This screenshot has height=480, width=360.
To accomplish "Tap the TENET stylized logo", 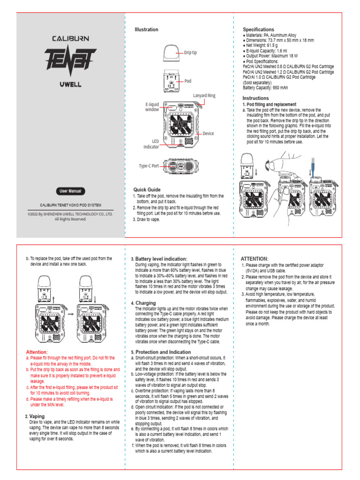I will tap(70, 59).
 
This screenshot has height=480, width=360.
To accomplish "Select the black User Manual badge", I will tap(70, 191).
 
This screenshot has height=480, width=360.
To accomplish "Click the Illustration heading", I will tap(147, 30).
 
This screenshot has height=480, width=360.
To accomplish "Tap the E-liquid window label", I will tap(152, 106).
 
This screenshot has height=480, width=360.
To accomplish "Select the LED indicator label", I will tap(151, 144).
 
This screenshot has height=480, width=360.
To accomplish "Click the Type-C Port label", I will tap(149, 166).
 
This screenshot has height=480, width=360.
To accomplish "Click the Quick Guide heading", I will tap(148, 189).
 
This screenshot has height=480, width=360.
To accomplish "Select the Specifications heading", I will tap(258, 30).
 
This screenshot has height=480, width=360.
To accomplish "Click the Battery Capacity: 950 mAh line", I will tap(265, 88).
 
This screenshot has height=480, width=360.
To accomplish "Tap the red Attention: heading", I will tap(37, 352).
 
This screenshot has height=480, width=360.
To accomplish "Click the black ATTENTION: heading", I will tap(255, 259).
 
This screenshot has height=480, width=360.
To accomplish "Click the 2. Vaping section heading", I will tap(35, 416).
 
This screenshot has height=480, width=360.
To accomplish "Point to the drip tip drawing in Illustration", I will tap(172, 53).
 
